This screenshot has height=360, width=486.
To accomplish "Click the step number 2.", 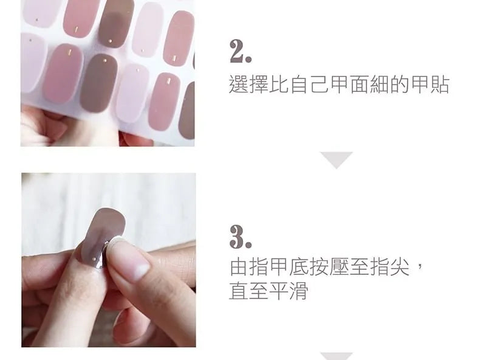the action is pos(240,51).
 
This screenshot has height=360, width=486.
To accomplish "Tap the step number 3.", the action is pos(240,237).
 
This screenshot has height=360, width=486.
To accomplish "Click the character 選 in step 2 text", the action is pos(239,84).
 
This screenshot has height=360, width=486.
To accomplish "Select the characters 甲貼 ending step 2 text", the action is pos(430,84).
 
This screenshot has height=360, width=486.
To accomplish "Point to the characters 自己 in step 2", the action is pos(309,84).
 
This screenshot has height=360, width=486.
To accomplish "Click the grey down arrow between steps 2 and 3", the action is pos(337,159).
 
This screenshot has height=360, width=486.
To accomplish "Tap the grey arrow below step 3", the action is pos(337,356).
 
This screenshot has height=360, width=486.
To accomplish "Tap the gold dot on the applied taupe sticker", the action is pos(94,257).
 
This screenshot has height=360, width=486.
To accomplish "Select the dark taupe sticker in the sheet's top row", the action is pos(115,23).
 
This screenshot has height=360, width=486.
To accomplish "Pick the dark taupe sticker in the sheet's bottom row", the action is pos(98,83).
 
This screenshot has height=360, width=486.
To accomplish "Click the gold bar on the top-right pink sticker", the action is pos(174,58).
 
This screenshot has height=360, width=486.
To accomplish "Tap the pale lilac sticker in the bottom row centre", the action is pos(132,92).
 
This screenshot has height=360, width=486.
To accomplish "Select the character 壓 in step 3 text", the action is pos(339,266).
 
